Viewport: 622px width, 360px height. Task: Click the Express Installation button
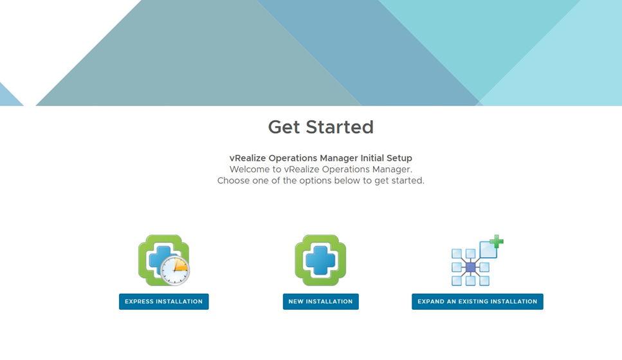coord(164,301)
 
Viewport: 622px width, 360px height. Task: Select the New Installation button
coord(320,301)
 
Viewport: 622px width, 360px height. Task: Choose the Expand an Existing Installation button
coord(477,301)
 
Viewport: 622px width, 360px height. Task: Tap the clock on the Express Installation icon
coord(175,271)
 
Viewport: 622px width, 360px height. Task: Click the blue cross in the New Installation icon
coord(320,260)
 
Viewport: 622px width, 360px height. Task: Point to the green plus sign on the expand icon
coord(497,241)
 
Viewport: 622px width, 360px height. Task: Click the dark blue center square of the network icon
coord(470,267)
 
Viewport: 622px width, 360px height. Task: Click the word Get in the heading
coord(284,127)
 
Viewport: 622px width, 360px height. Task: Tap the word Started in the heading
coord(340,127)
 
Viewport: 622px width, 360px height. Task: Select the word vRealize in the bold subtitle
coord(248,157)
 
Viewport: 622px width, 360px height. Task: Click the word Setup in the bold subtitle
coord(399,157)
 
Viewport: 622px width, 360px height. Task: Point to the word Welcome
coord(248,169)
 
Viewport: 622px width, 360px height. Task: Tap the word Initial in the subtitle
coord(372,157)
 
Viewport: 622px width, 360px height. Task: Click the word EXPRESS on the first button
coord(139,301)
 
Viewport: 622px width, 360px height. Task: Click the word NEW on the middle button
coord(295,301)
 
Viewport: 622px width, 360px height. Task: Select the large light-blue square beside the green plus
coord(488,250)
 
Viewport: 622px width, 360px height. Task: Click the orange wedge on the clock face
coord(181,265)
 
